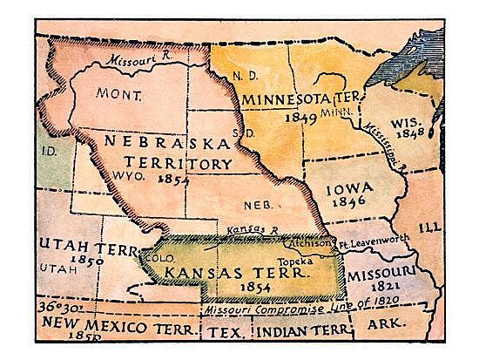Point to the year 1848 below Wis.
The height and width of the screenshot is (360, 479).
click(x=409, y=137)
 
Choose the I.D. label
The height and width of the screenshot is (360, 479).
click(x=49, y=150)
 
